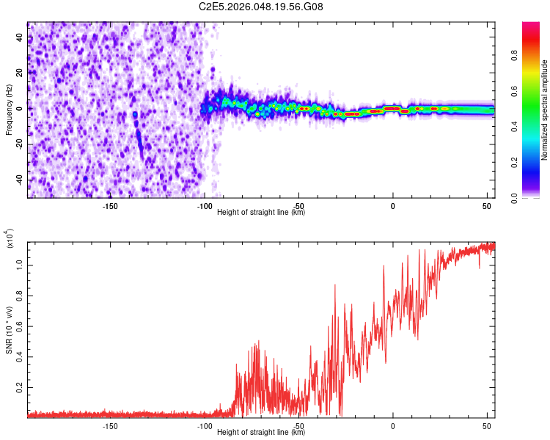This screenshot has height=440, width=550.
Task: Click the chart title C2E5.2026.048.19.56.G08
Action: click(x=261, y=7)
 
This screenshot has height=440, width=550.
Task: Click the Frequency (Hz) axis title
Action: click(x=9, y=109)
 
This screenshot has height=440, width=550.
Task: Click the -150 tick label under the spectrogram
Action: click(x=110, y=206)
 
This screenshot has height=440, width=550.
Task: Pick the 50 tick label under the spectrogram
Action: click(x=487, y=206)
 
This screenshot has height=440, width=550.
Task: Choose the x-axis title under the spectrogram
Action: click(x=261, y=213)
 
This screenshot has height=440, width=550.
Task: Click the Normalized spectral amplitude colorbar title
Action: click(x=545, y=110)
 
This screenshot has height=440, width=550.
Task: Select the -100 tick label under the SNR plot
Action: click(x=204, y=426)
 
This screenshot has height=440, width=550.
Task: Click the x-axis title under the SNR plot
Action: click(x=261, y=433)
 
